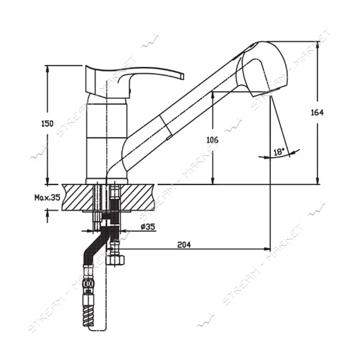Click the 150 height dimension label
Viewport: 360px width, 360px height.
[47, 123]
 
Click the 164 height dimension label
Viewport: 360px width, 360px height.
[317, 113]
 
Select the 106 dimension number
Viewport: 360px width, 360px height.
[212, 140]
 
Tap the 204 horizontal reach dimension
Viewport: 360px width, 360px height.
[184, 245]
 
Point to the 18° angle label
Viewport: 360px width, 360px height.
[279, 152]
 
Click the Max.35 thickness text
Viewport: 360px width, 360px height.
[47, 197]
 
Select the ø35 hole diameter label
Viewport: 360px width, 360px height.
[148, 227]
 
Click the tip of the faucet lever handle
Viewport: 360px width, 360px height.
[183, 76]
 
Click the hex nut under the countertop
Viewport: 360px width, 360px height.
[116, 260]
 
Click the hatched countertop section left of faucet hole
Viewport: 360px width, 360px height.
[77, 197]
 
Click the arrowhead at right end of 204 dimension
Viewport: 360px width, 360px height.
[267, 248]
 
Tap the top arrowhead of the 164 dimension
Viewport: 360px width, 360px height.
[318, 45]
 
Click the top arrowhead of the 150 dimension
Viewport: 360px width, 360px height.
[47, 69]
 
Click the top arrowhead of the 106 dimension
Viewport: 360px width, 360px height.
[213, 95]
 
